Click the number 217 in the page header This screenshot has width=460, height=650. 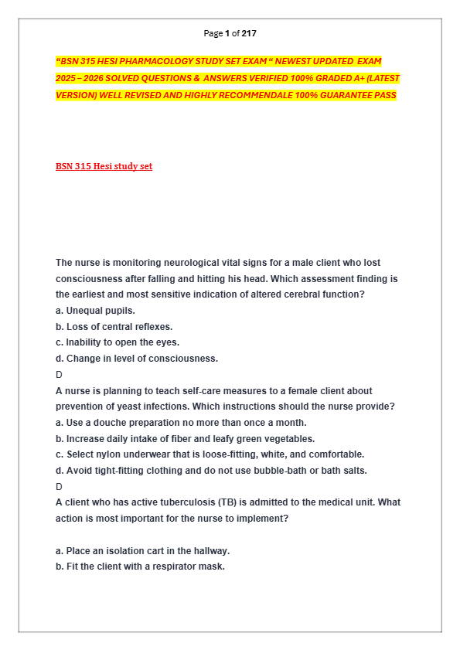coord(249,33)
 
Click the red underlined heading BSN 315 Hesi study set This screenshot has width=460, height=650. coord(104,166)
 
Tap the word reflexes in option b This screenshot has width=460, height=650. coord(154,327)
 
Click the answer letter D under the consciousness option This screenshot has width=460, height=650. coord(59,374)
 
